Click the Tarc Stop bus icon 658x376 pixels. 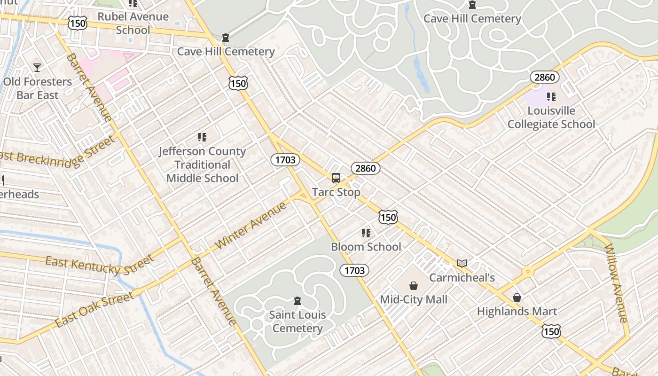[x=336, y=178]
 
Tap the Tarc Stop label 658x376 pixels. [x=336, y=192]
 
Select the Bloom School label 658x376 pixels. [x=366, y=247]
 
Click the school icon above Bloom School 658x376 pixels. [x=366, y=233]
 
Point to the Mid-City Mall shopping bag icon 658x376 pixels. [x=414, y=286]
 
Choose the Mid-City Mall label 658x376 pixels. [x=414, y=299]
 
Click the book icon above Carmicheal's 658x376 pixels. [x=462, y=264]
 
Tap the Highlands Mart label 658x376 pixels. [x=517, y=311]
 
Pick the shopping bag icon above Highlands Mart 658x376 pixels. [x=517, y=298]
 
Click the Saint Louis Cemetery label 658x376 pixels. [x=298, y=321]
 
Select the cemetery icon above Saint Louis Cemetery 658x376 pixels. [x=297, y=301]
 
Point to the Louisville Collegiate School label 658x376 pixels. [x=551, y=117]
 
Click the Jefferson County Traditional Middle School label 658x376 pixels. [x=202, y=164]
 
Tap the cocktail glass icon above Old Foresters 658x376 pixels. [x=37, y=68]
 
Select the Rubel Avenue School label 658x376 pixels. [x=133, y=23]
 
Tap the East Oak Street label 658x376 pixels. [x=94, y=310]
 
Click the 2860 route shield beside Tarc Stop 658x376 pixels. [x=365, y=168]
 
